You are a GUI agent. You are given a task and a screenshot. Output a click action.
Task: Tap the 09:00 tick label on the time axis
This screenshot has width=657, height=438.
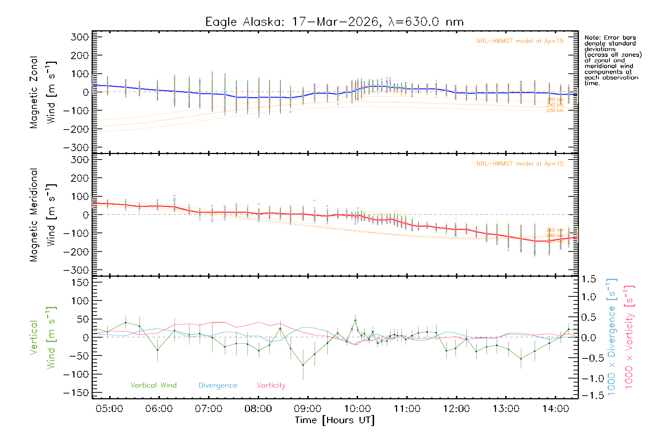coord(308,409)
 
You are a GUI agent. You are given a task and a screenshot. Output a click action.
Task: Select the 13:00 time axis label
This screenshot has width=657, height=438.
coord(506,409)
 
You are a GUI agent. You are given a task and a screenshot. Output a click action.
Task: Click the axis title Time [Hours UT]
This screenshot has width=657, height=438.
coord(334,420)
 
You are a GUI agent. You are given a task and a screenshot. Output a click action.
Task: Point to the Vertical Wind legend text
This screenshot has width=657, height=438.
coord(153,385)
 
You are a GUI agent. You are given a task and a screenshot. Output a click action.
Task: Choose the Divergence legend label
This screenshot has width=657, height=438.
coord(218,385)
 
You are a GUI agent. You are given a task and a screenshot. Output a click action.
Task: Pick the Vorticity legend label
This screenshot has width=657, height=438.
coord(271,385)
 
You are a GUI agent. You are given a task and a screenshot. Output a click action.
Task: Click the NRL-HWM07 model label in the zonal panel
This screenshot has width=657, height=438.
coord(520,41)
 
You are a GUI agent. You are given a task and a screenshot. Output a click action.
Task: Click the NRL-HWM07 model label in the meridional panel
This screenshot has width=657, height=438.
coord(520,164)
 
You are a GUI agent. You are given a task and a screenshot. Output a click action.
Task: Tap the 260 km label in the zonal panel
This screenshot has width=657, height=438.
coord(555,99)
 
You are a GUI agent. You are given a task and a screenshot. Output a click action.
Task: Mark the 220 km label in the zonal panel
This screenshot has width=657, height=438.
coord(555,111)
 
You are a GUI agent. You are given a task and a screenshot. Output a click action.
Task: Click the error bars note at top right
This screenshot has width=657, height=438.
coord(612,60)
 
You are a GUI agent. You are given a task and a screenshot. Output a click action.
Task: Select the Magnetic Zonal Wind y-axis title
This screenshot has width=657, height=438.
coord(43,92)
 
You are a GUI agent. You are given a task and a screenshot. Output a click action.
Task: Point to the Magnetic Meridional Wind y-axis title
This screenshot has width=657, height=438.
coord(43,215)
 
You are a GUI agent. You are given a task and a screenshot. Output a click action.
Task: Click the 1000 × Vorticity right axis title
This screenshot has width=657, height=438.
coord(629,337)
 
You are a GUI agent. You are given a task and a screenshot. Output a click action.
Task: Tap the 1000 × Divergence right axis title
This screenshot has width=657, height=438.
coord(612,337)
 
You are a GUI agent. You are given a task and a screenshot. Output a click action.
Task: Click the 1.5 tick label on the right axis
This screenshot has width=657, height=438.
coord(588,279)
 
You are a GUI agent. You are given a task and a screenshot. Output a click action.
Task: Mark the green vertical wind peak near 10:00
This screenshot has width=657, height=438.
coord(356,320)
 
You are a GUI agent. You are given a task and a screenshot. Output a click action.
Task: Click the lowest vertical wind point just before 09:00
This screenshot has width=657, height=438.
coord(303,365)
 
